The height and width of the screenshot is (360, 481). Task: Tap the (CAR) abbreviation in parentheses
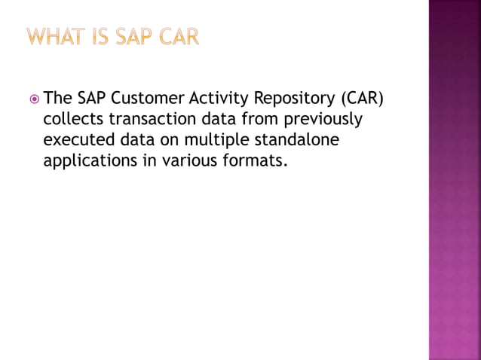pos(365,99)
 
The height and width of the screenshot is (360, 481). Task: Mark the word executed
pos(75,139)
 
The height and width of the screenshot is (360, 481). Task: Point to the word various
pos(191,160)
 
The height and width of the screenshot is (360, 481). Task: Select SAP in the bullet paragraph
pos(92,99)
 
